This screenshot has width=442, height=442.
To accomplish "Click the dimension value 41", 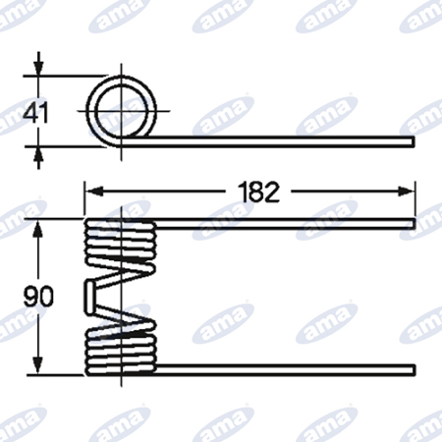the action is (36, 112).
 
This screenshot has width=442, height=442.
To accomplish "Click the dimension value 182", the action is (258, 192).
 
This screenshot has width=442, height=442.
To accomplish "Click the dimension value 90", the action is (38, 296).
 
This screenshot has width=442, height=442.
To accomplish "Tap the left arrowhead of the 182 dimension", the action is (93, 192).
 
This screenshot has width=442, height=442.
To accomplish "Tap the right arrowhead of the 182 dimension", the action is (407, 192).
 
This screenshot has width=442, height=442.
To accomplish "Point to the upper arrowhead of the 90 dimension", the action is (38, 229).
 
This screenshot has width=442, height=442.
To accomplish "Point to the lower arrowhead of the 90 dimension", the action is (38, 364).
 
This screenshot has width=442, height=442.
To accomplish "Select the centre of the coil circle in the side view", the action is (122, 111).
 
